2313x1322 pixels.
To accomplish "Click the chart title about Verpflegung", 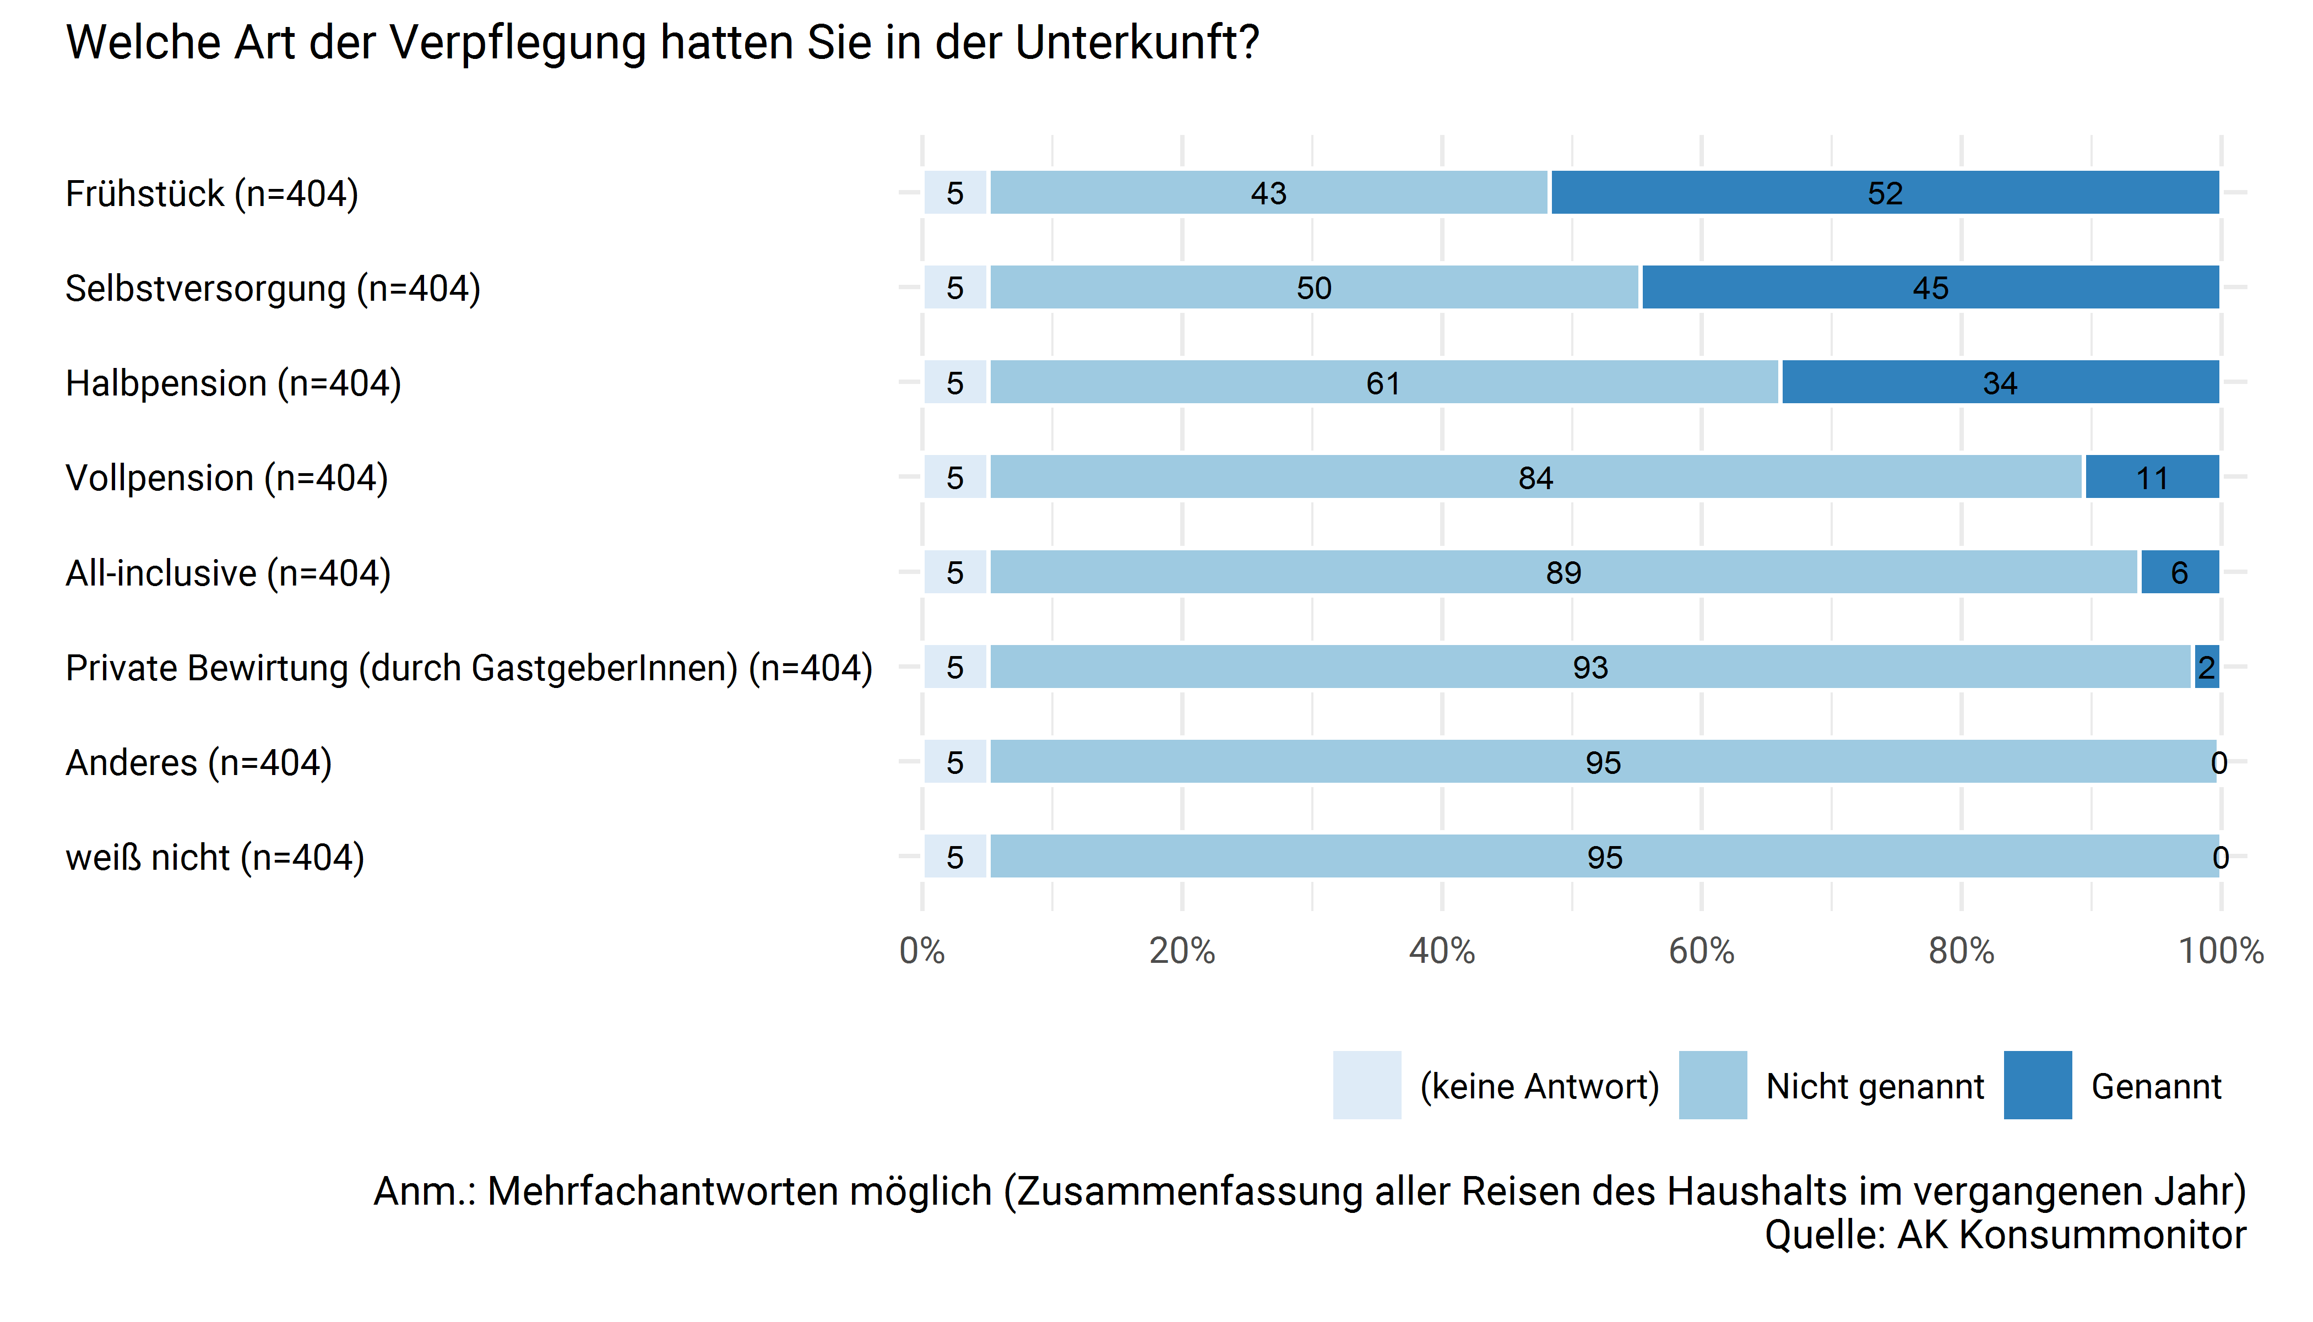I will click(663, 42).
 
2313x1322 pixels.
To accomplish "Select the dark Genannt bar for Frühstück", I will click(1885, 192).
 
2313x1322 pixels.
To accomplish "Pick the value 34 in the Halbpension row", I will click(2000, 383).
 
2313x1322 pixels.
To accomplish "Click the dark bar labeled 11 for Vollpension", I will click(2152, 478).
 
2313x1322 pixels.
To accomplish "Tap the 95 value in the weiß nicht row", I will click(1604, 857).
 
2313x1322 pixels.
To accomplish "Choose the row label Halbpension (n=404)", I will click(234, 383).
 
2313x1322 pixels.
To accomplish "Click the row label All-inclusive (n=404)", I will click(228, 573).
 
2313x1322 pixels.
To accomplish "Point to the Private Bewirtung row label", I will click(469, 668).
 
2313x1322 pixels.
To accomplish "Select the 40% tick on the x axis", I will click(1442, 951).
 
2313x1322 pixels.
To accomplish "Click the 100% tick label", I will click(2220, 951).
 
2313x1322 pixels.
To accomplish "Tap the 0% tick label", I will click(922, 951).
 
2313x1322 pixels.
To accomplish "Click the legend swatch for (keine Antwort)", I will click(1366, 1085).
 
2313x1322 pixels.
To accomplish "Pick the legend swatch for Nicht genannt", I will click(1712, 1085).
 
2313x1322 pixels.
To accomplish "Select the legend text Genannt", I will click(2156, 1086).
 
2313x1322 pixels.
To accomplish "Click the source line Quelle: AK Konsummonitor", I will click(2005, 1235).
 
